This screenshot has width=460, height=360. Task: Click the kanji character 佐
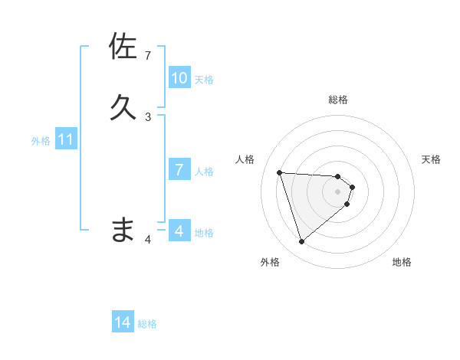click(x=123, y=47)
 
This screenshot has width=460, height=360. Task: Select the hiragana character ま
click(x=123, y=229)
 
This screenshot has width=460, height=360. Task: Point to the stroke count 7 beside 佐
click(x=148, y=56)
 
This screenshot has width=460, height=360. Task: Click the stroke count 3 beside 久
click(x=148, y=116)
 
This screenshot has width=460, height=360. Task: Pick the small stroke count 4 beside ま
click(x=149, y=240)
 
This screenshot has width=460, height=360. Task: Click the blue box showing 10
click(x=179, y=78)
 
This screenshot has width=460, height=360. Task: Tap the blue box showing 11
click(x=66, y=140)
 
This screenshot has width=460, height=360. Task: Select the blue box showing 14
click(x=123, y=323)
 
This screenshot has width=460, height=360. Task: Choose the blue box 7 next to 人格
click(x=179, y=170)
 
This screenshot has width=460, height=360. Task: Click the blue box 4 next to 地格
click(x=179, y=231)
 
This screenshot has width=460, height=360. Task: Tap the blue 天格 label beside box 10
click(x=204, y=80)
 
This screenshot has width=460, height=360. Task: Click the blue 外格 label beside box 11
click(x=41, y=141)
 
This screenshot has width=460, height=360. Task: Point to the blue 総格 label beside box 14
click(x=147, y=324)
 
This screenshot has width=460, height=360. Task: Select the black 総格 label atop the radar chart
click(x=338, y=100)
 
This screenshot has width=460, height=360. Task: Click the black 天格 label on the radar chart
click(x=432, y=159)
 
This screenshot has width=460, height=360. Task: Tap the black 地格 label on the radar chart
click(x=402, y=262)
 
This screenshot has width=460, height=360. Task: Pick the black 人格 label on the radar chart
click(x=245, y=159)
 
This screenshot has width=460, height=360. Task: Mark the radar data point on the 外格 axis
click(x=302, y=242)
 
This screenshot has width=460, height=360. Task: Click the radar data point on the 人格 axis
click(x=280, y=172)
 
